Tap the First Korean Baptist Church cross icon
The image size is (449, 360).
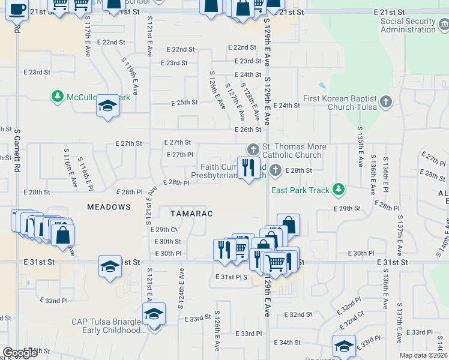coord(386,103)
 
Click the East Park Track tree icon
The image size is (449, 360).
coord(339,190)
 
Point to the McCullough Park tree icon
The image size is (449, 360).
coord(58,97)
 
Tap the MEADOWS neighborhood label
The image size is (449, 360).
coord(109,206)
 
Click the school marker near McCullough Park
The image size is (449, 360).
coord(108,106)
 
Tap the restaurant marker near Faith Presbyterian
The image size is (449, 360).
coord(249,167)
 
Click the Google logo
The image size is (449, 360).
coord(20,353)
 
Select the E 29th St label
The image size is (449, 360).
coord(347,208)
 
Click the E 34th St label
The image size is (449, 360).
coord(286,342)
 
